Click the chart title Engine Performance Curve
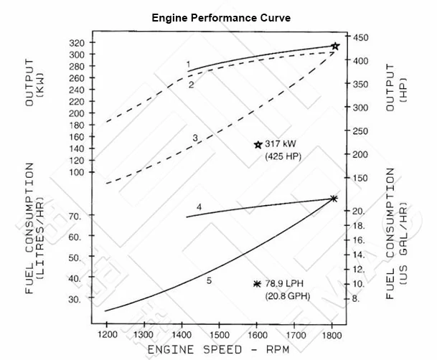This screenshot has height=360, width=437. click(x=220, y=18)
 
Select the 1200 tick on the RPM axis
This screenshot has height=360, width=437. click(x=107, y=334)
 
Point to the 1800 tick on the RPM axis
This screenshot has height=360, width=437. click(x=331, y=334)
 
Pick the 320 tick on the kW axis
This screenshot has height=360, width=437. click(x=76, y=43)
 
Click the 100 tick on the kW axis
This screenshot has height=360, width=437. click(x=76, y=172)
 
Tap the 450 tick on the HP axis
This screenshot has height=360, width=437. click(x=360, y=37)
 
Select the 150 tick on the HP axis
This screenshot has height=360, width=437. click(x=360, y=178)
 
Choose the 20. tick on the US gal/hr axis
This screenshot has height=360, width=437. click(x=360, y=211)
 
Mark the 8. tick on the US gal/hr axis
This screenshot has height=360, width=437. click(x=357, y=298)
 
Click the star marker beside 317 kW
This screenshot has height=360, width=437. click(x=258, y=144)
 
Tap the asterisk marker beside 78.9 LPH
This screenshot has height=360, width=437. click(x=256, y=284)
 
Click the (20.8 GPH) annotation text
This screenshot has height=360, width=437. click(x=288, y=295)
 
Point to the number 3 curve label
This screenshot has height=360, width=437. click(x=194, y=137)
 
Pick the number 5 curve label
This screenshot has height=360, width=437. click(x=209, y=280)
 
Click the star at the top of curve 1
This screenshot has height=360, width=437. click(x=335, y=46)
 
